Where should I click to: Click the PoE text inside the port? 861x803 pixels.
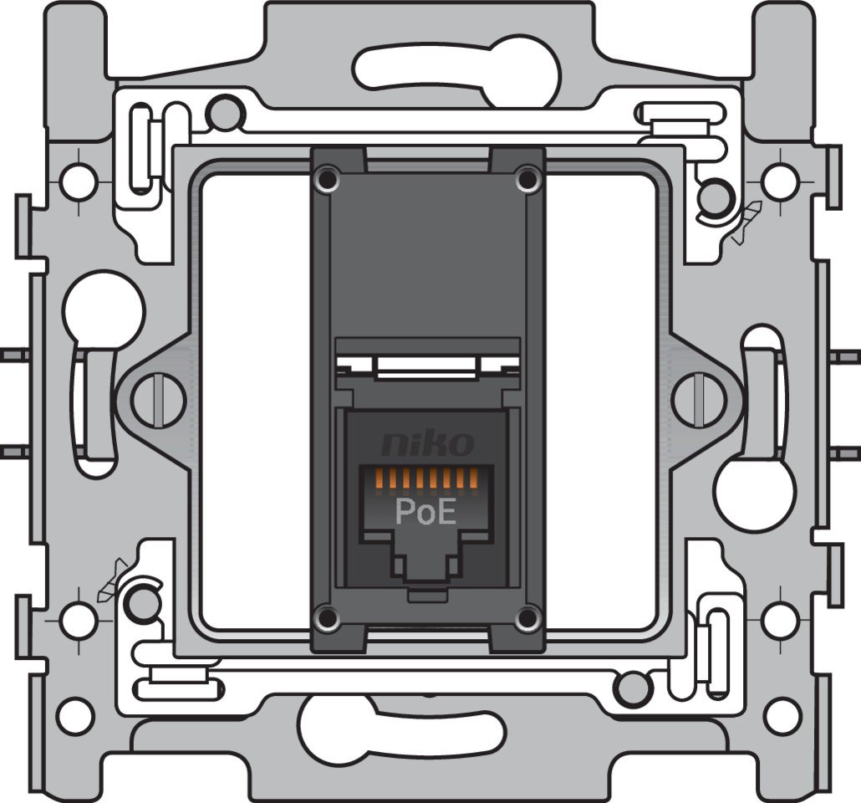(425, 513)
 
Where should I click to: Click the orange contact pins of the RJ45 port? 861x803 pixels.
(425, 480)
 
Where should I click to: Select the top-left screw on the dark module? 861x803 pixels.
(326, 178)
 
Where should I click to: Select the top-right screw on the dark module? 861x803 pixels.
(527, 178)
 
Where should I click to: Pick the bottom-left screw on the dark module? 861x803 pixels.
(326, 619)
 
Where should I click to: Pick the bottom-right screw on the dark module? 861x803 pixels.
(527, 619)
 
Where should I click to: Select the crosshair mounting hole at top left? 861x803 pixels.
(79, 178)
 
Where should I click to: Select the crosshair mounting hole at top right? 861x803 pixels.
(779, 178)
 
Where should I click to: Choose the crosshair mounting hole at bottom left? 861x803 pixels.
(79, 620)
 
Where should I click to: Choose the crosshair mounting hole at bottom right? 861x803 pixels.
(779, 620)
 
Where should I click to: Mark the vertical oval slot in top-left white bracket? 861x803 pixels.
(140, 148)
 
